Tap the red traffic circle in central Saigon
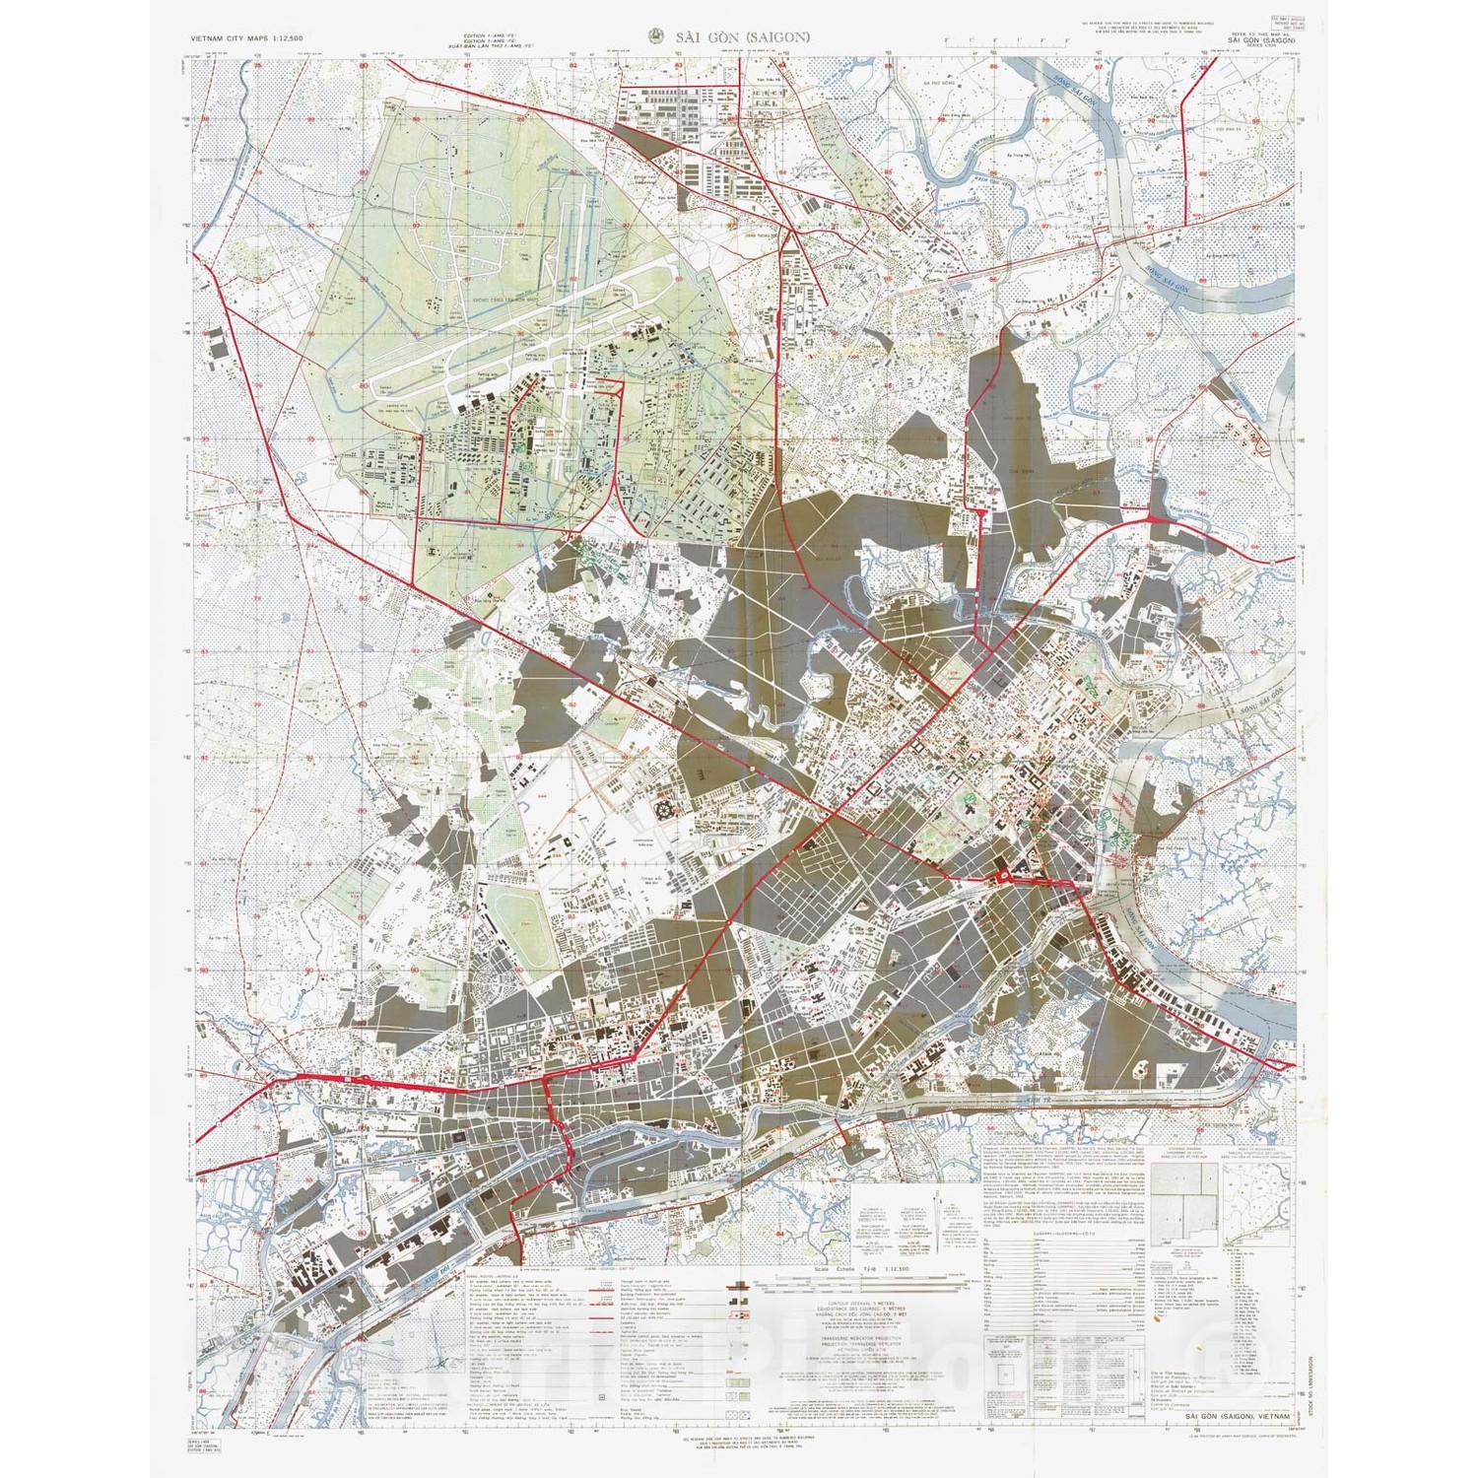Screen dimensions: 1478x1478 coord(1004,876)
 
